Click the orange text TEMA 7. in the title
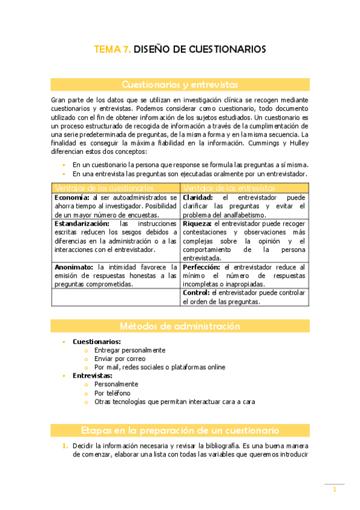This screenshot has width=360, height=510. tap(112, 49)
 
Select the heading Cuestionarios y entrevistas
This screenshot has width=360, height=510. tap(180, 84)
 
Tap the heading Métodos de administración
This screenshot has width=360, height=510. tap(180, 326)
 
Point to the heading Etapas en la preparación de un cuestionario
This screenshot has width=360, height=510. tap(180, 431)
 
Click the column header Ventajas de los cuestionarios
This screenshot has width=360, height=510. tap(104, 188)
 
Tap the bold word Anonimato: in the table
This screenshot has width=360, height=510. tap(74, 267)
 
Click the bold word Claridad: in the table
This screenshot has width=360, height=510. tap(198, 197)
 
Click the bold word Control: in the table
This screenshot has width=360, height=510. tap(197, 293)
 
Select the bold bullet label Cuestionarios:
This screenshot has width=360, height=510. tap(96, 342)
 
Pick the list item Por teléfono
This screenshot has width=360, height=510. tap(112, 393)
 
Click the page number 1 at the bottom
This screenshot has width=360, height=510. tap(334, 490)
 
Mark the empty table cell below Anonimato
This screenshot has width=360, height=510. tap(116, 297)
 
